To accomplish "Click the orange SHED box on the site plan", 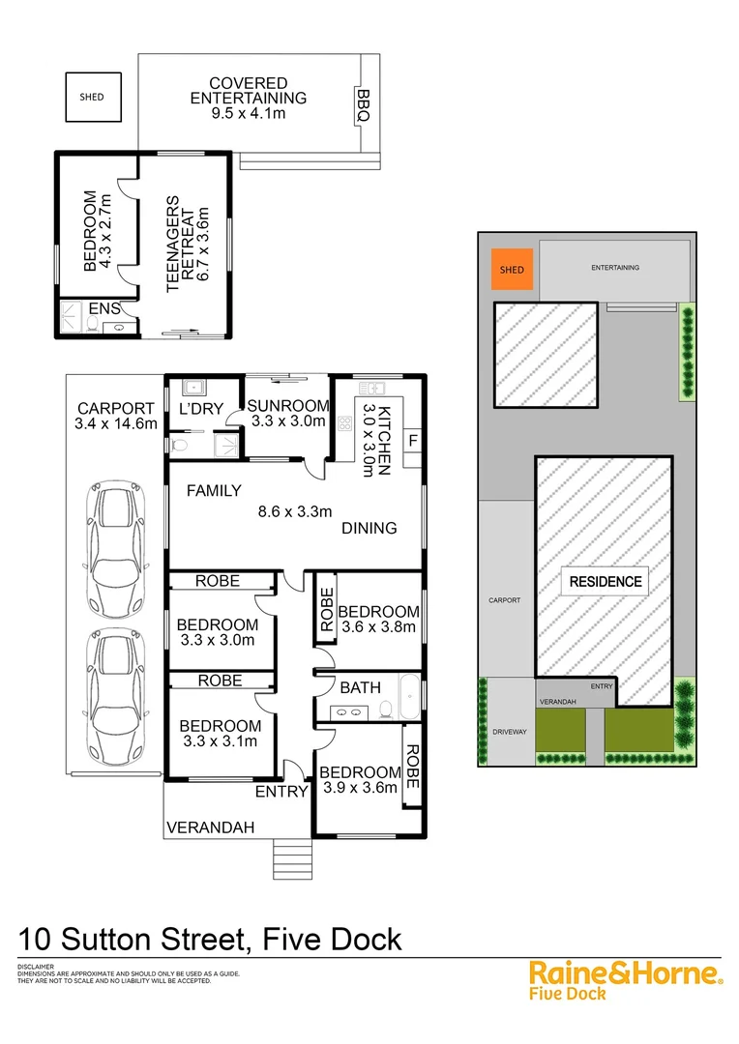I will [513, 270].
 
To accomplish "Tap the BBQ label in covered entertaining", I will [364, 104].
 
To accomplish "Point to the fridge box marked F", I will [412, 442].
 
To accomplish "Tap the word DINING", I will [369, 528].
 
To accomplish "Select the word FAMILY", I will [214, 491].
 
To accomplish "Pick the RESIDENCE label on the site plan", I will [605, 581].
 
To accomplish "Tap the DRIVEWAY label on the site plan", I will [509, 732].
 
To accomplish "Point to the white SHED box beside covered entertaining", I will [92, 97].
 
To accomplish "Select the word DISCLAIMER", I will [36, 967].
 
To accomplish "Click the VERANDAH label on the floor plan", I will [210, 827].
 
